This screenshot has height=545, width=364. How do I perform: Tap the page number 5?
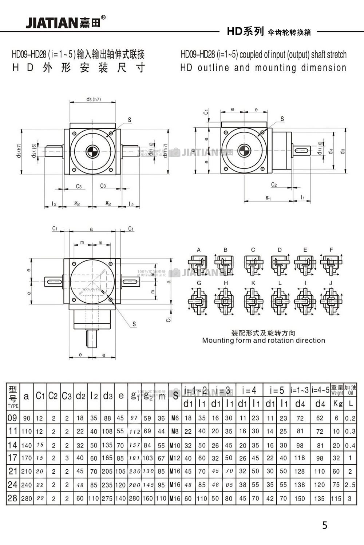325,525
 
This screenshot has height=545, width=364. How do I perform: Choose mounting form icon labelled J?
331,301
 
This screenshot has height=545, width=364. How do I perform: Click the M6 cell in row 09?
175,418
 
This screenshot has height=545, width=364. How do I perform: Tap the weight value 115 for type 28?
336,498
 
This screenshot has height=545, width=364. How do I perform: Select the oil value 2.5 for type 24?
350,485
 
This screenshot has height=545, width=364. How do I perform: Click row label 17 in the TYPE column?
13,458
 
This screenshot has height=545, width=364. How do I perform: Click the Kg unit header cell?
337,403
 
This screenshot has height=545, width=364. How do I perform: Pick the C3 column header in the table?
67,396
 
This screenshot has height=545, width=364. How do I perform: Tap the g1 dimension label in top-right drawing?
268,198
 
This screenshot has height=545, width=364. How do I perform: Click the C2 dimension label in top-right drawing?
274,184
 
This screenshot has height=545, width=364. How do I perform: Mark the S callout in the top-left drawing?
130,120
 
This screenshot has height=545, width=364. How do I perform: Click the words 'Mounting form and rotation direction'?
263,341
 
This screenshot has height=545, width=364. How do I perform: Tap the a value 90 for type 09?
26,418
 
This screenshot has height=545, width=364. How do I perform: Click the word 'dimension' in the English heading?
323,68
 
